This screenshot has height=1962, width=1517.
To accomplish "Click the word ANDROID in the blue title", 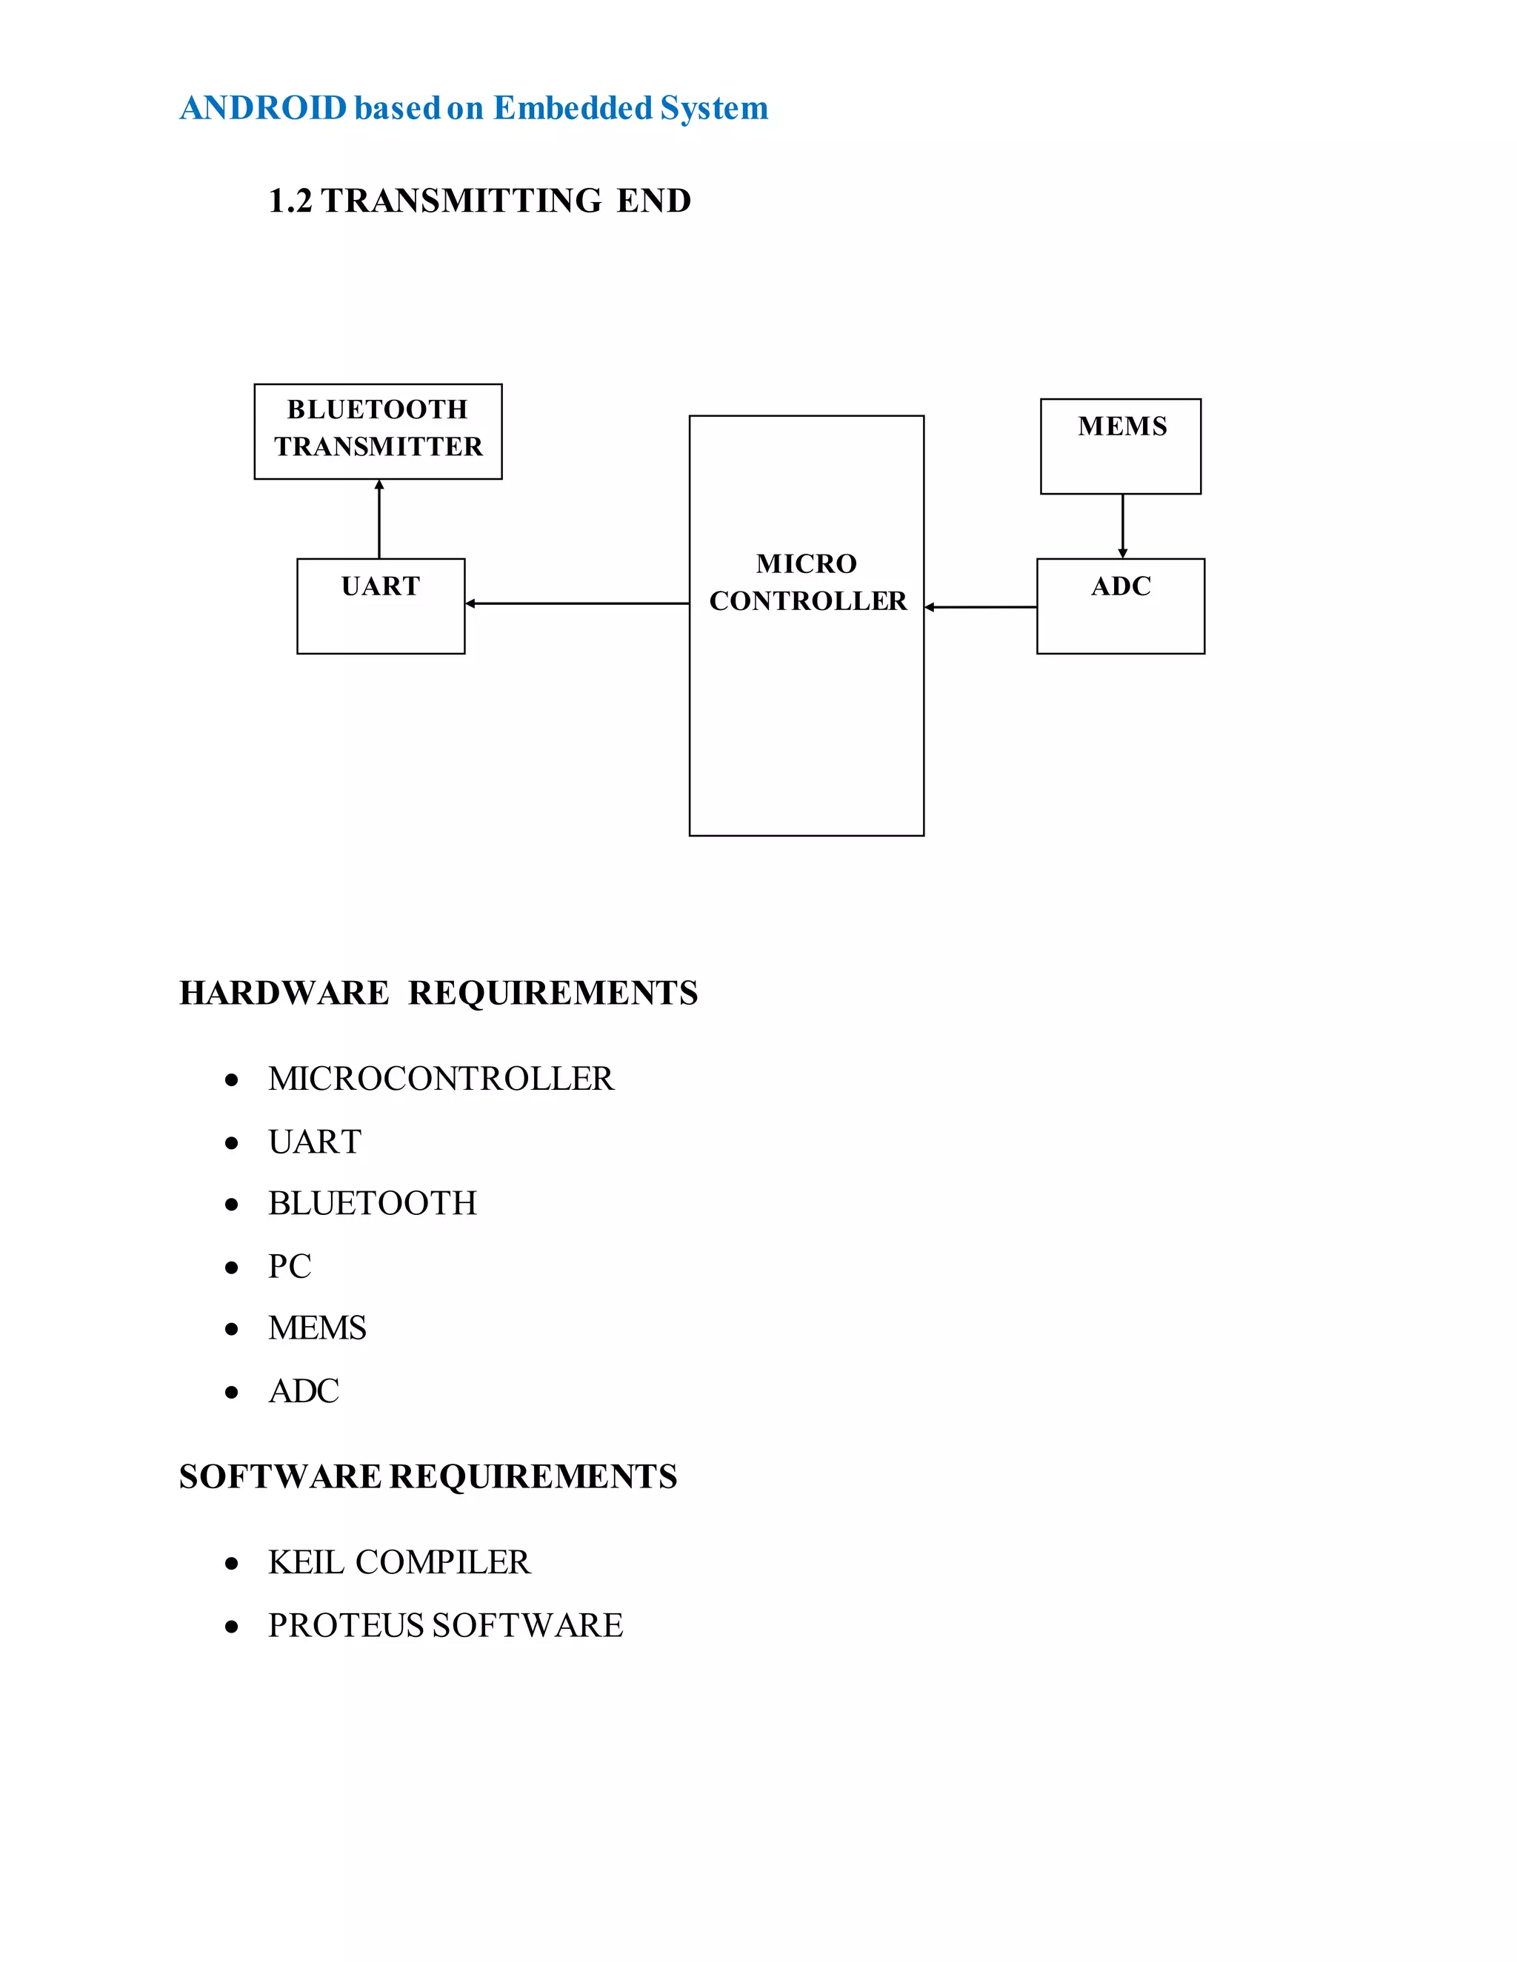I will click(x=263, y=109).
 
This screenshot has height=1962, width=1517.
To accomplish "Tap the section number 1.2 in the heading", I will click(x=290, y=201).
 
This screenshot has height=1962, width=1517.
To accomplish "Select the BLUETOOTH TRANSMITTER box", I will click(x=379, y=431).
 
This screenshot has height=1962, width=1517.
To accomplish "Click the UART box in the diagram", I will click(x=381, y=606).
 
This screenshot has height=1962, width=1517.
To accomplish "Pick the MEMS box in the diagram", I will click(x=1121, y=446).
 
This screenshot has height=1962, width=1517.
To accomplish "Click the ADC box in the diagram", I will click(x=1121, y=606).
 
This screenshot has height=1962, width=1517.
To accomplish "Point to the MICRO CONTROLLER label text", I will click(x=807, y=582).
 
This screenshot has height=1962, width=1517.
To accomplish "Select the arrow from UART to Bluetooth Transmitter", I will click(x=379, y=519).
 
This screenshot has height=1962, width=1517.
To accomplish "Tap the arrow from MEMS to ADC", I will click(x=1122, y=526).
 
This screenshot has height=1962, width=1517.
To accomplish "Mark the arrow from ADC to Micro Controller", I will click(x=981, y=607).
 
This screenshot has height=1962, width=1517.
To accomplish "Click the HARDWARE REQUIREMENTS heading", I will click(x=439, y=994).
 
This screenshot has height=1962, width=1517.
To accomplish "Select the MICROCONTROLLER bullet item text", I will click(x=441, y=1079).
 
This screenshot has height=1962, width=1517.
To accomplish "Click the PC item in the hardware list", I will click(x=290, y=1267).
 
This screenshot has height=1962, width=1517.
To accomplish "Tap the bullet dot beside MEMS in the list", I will click(x=232, y=1330).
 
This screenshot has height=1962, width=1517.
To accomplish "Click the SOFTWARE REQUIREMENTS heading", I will click(x=428, y=1477).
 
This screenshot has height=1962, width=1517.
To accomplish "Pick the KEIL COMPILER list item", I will click(x=399, y=1562).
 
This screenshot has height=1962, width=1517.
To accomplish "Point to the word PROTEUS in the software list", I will click(x=346, y=1625).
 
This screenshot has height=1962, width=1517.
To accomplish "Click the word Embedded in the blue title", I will click(x=573, y=109).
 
